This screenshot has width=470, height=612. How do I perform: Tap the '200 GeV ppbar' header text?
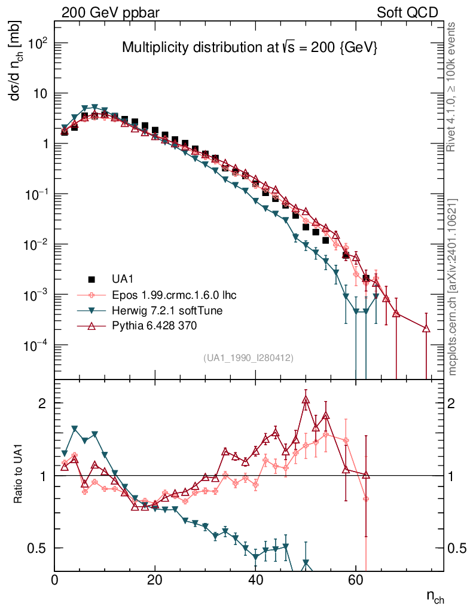tap(111, 13)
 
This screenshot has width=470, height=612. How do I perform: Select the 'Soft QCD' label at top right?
tap(407, 13)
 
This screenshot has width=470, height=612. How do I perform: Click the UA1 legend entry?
tap(122, 279)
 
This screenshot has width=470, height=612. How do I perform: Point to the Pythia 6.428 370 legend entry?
tap(153, 326)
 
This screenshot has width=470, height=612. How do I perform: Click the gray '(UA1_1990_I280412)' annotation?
tap(248, 357)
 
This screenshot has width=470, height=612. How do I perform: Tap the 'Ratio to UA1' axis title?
tap(19, 475)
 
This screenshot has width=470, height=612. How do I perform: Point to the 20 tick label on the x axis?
tap(155, 579)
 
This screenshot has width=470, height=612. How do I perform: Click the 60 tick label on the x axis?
tap(356, 579)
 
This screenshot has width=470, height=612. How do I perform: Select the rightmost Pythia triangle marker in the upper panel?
tap(426, 328)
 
